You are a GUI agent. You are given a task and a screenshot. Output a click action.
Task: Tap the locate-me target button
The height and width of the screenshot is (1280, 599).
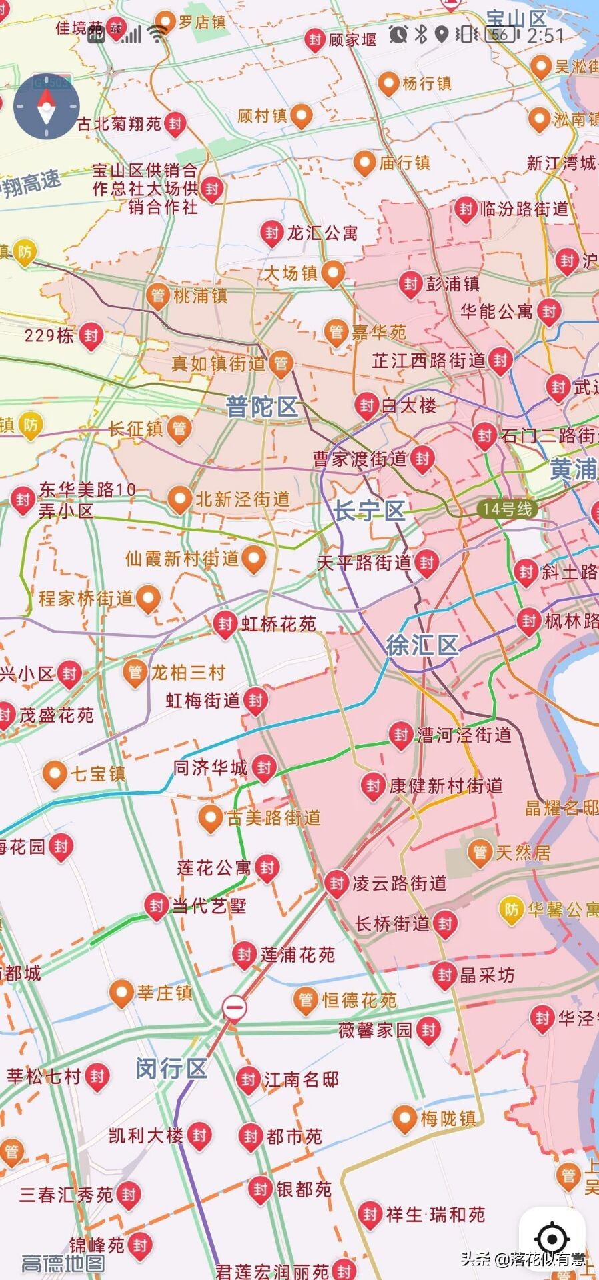552,1239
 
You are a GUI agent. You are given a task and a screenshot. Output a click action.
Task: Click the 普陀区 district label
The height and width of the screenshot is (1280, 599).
261,407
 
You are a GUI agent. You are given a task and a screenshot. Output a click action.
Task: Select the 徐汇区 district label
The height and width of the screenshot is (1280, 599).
422,645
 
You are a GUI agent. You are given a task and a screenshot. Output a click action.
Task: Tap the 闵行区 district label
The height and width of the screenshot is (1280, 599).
171,1069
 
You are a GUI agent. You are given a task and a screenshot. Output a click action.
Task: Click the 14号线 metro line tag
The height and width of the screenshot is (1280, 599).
508,509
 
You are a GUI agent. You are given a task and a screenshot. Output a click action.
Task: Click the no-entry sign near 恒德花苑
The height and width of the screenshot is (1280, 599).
234,1007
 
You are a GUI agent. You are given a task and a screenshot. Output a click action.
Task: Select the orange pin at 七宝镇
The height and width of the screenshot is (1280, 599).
54,774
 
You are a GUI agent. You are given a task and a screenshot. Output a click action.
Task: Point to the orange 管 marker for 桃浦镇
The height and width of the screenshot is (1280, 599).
158,295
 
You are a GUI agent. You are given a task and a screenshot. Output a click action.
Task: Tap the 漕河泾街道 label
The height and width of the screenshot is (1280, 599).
464,735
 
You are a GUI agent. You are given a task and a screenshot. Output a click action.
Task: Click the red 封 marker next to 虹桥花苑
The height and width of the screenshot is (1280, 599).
225,624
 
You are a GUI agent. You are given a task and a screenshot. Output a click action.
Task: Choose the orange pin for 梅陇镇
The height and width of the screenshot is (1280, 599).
404,1118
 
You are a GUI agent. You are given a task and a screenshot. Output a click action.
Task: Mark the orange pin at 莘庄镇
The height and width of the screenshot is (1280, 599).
121,993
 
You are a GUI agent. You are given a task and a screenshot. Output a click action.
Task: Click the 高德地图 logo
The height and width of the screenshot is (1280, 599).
63,1263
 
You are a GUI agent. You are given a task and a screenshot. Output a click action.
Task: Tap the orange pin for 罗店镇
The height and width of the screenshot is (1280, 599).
165,22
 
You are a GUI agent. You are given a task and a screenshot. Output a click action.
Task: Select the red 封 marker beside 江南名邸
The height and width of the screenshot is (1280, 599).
248,1079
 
